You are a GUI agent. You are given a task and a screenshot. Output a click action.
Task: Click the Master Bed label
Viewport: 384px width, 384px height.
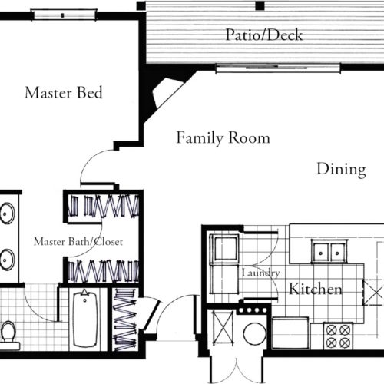pos(64,93)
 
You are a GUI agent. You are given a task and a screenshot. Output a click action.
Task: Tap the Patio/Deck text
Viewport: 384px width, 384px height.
pos(264,35)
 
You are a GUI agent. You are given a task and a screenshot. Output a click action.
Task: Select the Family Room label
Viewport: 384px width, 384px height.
pos(223,138)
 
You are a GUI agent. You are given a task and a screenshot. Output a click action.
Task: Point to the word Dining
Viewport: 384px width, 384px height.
pos(342,170)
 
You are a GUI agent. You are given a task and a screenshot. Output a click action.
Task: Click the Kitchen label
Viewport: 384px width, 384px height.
pos(316,289)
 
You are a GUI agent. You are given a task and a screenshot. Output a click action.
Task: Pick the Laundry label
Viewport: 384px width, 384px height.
pos(261,273)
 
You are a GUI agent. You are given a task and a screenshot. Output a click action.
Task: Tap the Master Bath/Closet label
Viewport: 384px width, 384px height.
pos(78,242)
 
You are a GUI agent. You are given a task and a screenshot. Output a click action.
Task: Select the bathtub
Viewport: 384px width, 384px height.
pos(85,319)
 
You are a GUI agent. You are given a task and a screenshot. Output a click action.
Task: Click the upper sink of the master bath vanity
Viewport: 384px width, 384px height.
pos(7,214)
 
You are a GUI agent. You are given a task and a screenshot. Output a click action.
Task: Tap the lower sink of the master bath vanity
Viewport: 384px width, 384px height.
pos(7,260)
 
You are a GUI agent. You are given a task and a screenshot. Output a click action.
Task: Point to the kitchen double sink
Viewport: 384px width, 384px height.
pos(329,252)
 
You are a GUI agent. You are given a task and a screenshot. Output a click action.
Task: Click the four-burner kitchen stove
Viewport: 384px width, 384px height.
pos(338,336)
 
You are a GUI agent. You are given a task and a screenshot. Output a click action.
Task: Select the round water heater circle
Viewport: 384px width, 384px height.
pos(255,334)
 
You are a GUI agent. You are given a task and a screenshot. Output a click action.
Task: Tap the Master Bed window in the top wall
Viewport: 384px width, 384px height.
pos(63,15)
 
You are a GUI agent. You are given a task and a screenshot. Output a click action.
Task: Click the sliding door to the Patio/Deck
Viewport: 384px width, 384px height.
pos(278,68)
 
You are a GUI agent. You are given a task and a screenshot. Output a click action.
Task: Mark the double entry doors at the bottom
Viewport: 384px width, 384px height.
pos(237,370)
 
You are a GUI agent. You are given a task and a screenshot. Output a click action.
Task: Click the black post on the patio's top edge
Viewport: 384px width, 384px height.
pos(260,5)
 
